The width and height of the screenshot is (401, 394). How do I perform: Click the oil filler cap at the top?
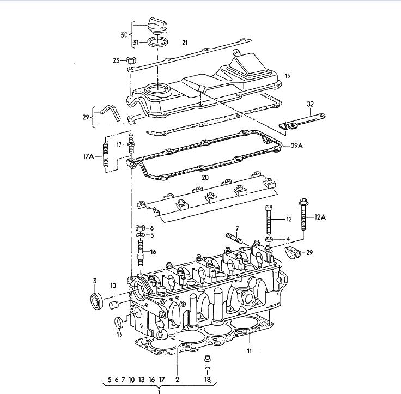click(x=157, y=26)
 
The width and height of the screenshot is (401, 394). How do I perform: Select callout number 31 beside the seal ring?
click(x=136, y=42)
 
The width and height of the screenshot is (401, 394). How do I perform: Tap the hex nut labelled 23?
click(x=131, y=60)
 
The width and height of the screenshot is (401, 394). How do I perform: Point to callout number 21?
click(x=185, y=43)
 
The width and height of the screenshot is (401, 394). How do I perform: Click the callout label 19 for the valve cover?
click(x=288, y=76)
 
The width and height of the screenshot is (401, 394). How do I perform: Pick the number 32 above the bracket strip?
click(x=310, y=104)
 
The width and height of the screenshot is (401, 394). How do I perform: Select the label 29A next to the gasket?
click(x=297, y=146)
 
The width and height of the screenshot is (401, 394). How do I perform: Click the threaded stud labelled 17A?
click(x=106, y=156)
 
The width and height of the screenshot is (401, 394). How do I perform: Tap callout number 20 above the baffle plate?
click(x=205, y=178)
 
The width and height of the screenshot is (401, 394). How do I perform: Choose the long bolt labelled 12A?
click(x=303, y=214)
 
